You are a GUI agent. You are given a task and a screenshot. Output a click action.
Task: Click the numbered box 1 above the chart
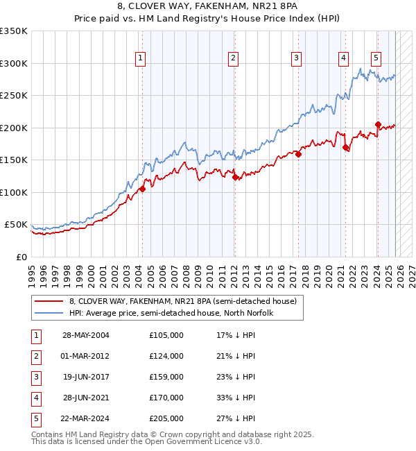pos(141,58)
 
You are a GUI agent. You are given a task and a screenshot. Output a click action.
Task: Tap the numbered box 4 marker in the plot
pos(343,58)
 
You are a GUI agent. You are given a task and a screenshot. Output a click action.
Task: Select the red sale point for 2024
pos(378,125)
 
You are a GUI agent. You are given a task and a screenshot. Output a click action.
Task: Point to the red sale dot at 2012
pos(234,177)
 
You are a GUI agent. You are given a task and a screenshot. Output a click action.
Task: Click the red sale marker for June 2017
pos(298,154)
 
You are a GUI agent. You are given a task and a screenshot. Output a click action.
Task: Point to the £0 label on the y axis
pos(21,257)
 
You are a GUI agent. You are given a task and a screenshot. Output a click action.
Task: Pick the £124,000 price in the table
pos(166,356)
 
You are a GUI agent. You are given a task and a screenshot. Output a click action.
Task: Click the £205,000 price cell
pos(166,418)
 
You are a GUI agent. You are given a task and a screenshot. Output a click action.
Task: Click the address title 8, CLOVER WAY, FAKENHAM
pos(207,8)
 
